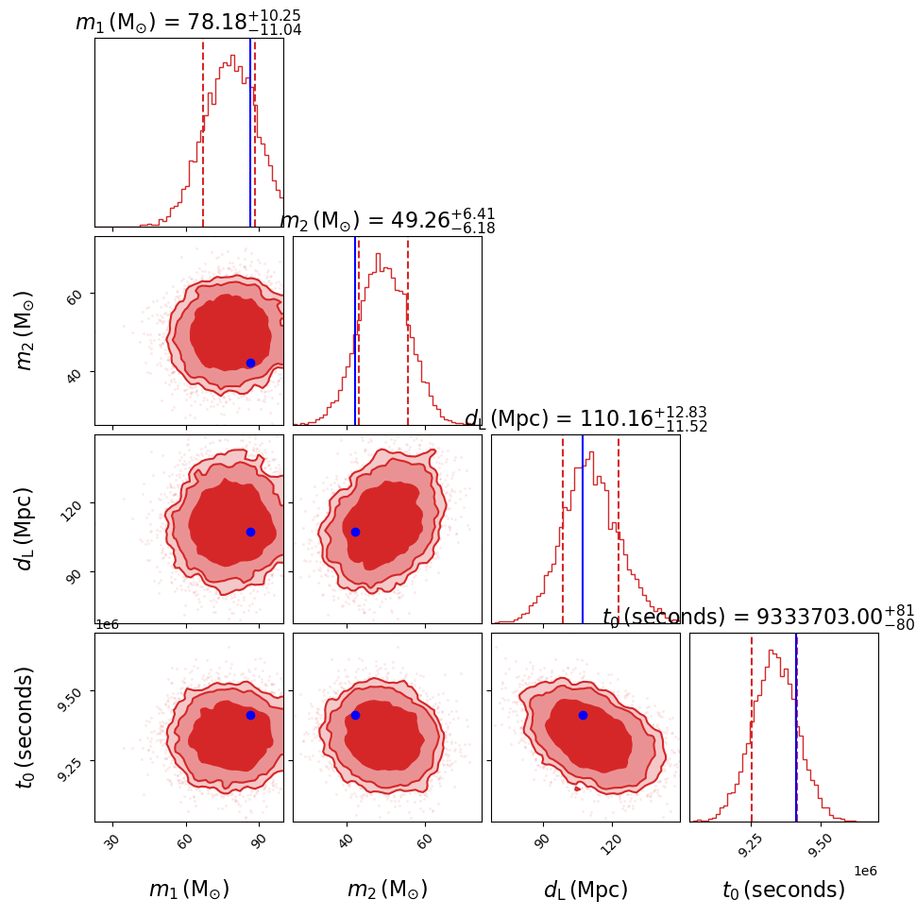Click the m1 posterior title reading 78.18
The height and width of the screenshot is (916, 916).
[x=188, y=22]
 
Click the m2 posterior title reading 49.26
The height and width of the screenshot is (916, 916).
[x=387, y=220]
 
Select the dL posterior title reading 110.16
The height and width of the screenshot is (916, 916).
[x=585, y=418]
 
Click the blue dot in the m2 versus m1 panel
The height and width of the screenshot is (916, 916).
[x=250, y=363]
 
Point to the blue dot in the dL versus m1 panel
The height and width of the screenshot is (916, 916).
[x=250, y=532]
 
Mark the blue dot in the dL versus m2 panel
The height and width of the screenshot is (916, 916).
[x=355, y=532]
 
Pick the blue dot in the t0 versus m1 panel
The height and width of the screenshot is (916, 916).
[x=250, y=715]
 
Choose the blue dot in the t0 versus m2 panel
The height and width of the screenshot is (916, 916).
[x=355, y=715]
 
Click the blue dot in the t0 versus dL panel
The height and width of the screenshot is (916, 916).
[x=583, y=715]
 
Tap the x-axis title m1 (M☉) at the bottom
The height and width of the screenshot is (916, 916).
[x=189, y=890]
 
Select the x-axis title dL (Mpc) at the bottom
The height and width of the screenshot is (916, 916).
[x=585, y=890]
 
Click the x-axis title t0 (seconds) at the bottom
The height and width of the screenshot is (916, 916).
[x=784, y=890]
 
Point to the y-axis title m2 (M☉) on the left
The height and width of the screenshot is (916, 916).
[x=25, y=330]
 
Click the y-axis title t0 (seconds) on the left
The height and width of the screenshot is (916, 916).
[x=25, y=726]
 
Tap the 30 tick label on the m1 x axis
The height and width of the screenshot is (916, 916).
[x=111, y=840]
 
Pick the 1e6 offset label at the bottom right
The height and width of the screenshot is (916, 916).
[x=865, y=871]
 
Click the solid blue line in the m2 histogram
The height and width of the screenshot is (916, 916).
[x=355, y=331]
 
